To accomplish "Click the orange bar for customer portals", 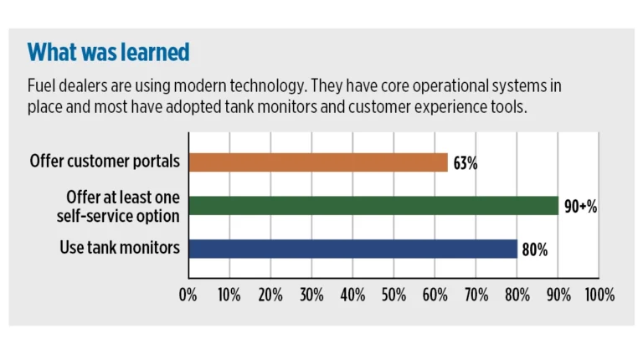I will [x=318, y=162].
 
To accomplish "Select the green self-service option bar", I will [x=373, y=206].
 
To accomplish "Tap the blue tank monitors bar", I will [x=352, y=249].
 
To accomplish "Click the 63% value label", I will [x=466, y=163].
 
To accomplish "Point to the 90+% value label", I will [x=580, y=207].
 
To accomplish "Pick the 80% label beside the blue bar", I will [x=535, y=249].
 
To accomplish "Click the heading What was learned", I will [x=109, y=53].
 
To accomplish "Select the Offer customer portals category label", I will [x=105, y=161].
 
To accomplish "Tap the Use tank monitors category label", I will [x=120, y=248].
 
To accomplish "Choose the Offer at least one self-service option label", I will [x=122, y=206].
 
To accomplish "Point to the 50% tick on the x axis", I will [x=394, y=295].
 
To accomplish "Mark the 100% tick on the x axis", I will [x=599, y=295].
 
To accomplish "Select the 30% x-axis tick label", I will [x=311, y=295].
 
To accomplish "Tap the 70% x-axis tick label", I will [x=476, y=295].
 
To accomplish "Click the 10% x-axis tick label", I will [x=229, y=295].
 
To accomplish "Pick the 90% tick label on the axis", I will [x=558, y=295].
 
